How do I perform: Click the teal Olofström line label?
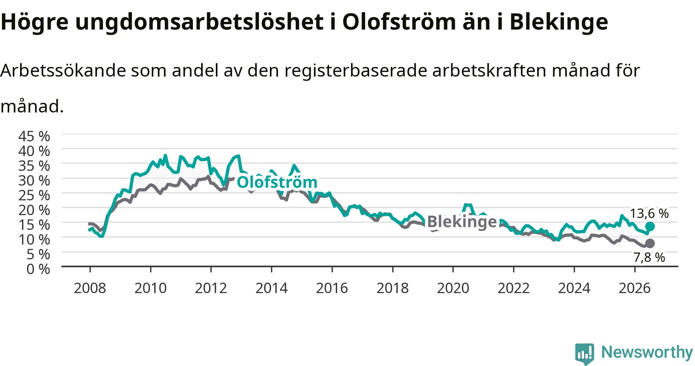pos(277,182)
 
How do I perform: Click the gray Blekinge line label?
pos(462,222)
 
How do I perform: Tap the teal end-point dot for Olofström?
pos(650,226)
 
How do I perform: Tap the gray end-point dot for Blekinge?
pos(650,243)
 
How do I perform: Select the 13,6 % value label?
pos(649,213)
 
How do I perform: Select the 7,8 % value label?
pos(649,257)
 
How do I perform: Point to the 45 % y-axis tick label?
pos(34,136)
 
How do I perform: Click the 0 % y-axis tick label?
pos(38,269)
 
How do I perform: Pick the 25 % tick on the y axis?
pos(34,195)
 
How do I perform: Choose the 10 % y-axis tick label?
pos(34,239)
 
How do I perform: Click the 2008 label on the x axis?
pos(90,288)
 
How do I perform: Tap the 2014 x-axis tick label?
pos(271,288)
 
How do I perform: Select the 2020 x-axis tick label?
pos(453,288)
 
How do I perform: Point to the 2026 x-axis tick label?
pos(635,288)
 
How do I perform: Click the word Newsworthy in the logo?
pos(647,352)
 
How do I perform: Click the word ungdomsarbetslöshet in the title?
pos(199,22)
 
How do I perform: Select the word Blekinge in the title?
pos(559,22)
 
